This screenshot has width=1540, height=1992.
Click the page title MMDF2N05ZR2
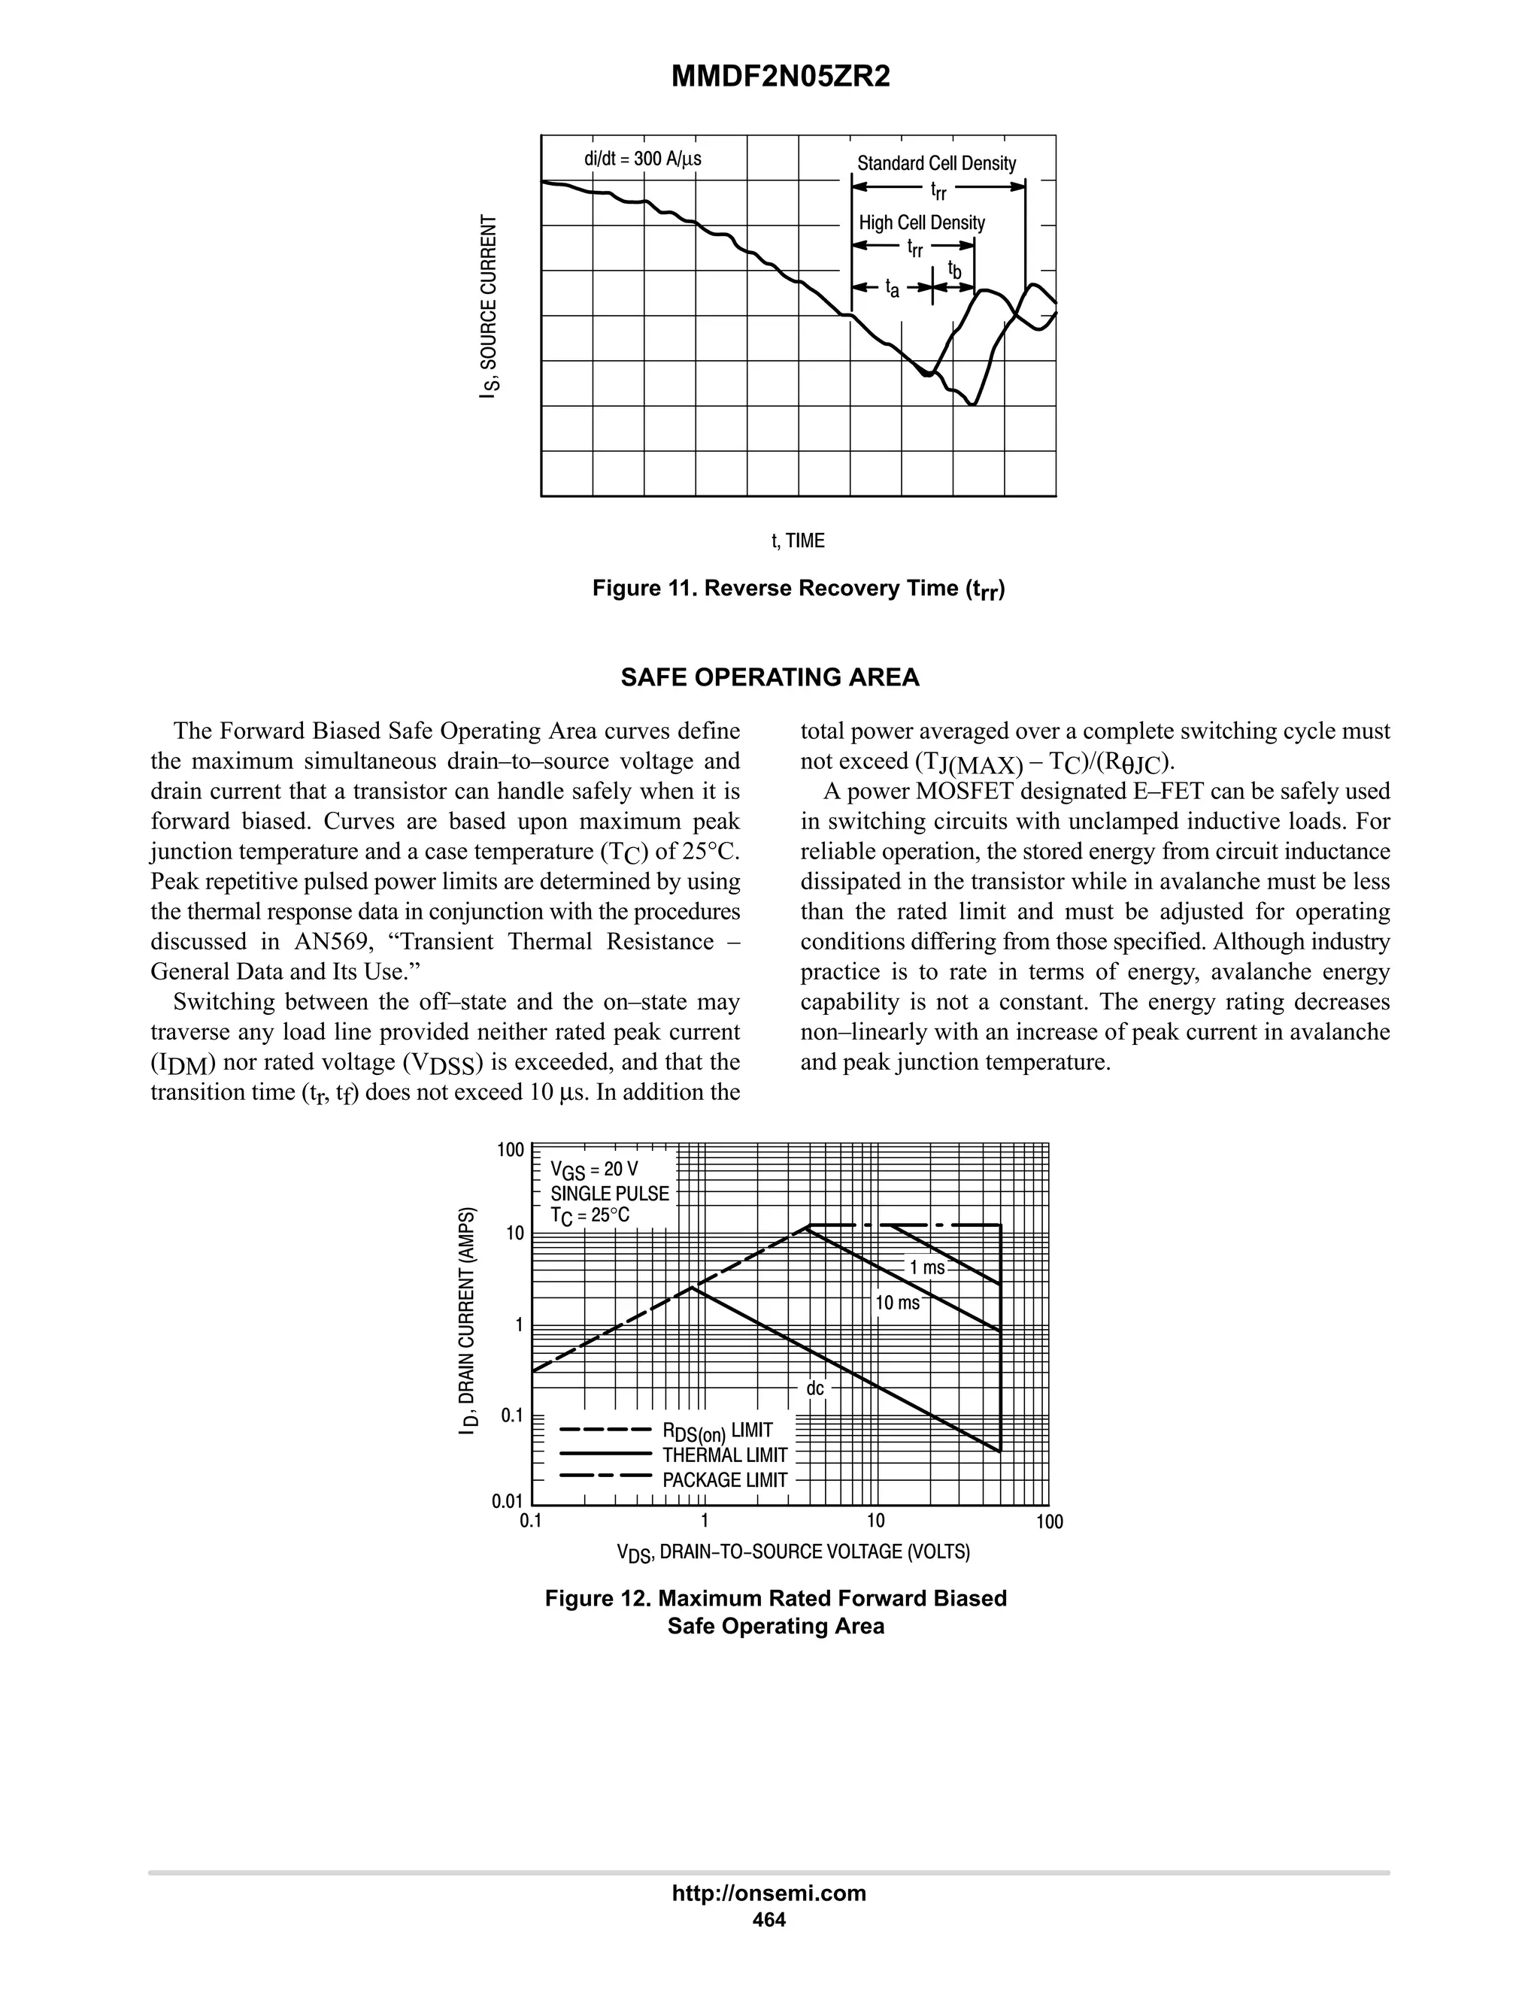click(x=780, y=77)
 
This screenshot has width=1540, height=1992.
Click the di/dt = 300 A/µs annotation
click(x=642, y=159)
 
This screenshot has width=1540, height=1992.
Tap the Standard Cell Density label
click(x=936, y=163)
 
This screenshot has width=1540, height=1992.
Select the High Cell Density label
click(x=921, y=223)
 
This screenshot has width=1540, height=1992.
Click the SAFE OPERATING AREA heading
click(x=769, y=678)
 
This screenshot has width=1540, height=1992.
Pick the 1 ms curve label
click(x=927, y=1268)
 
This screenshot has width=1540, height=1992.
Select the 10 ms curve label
click(x=898, y=1303)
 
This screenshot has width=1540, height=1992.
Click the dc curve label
click(x=814, y=1388)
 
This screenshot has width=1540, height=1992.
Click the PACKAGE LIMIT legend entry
click(x=724, y=1480)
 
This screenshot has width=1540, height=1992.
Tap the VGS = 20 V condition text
click(x=594, y=1170)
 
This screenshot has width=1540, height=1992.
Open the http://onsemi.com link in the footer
click(x=768, y=1894)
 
